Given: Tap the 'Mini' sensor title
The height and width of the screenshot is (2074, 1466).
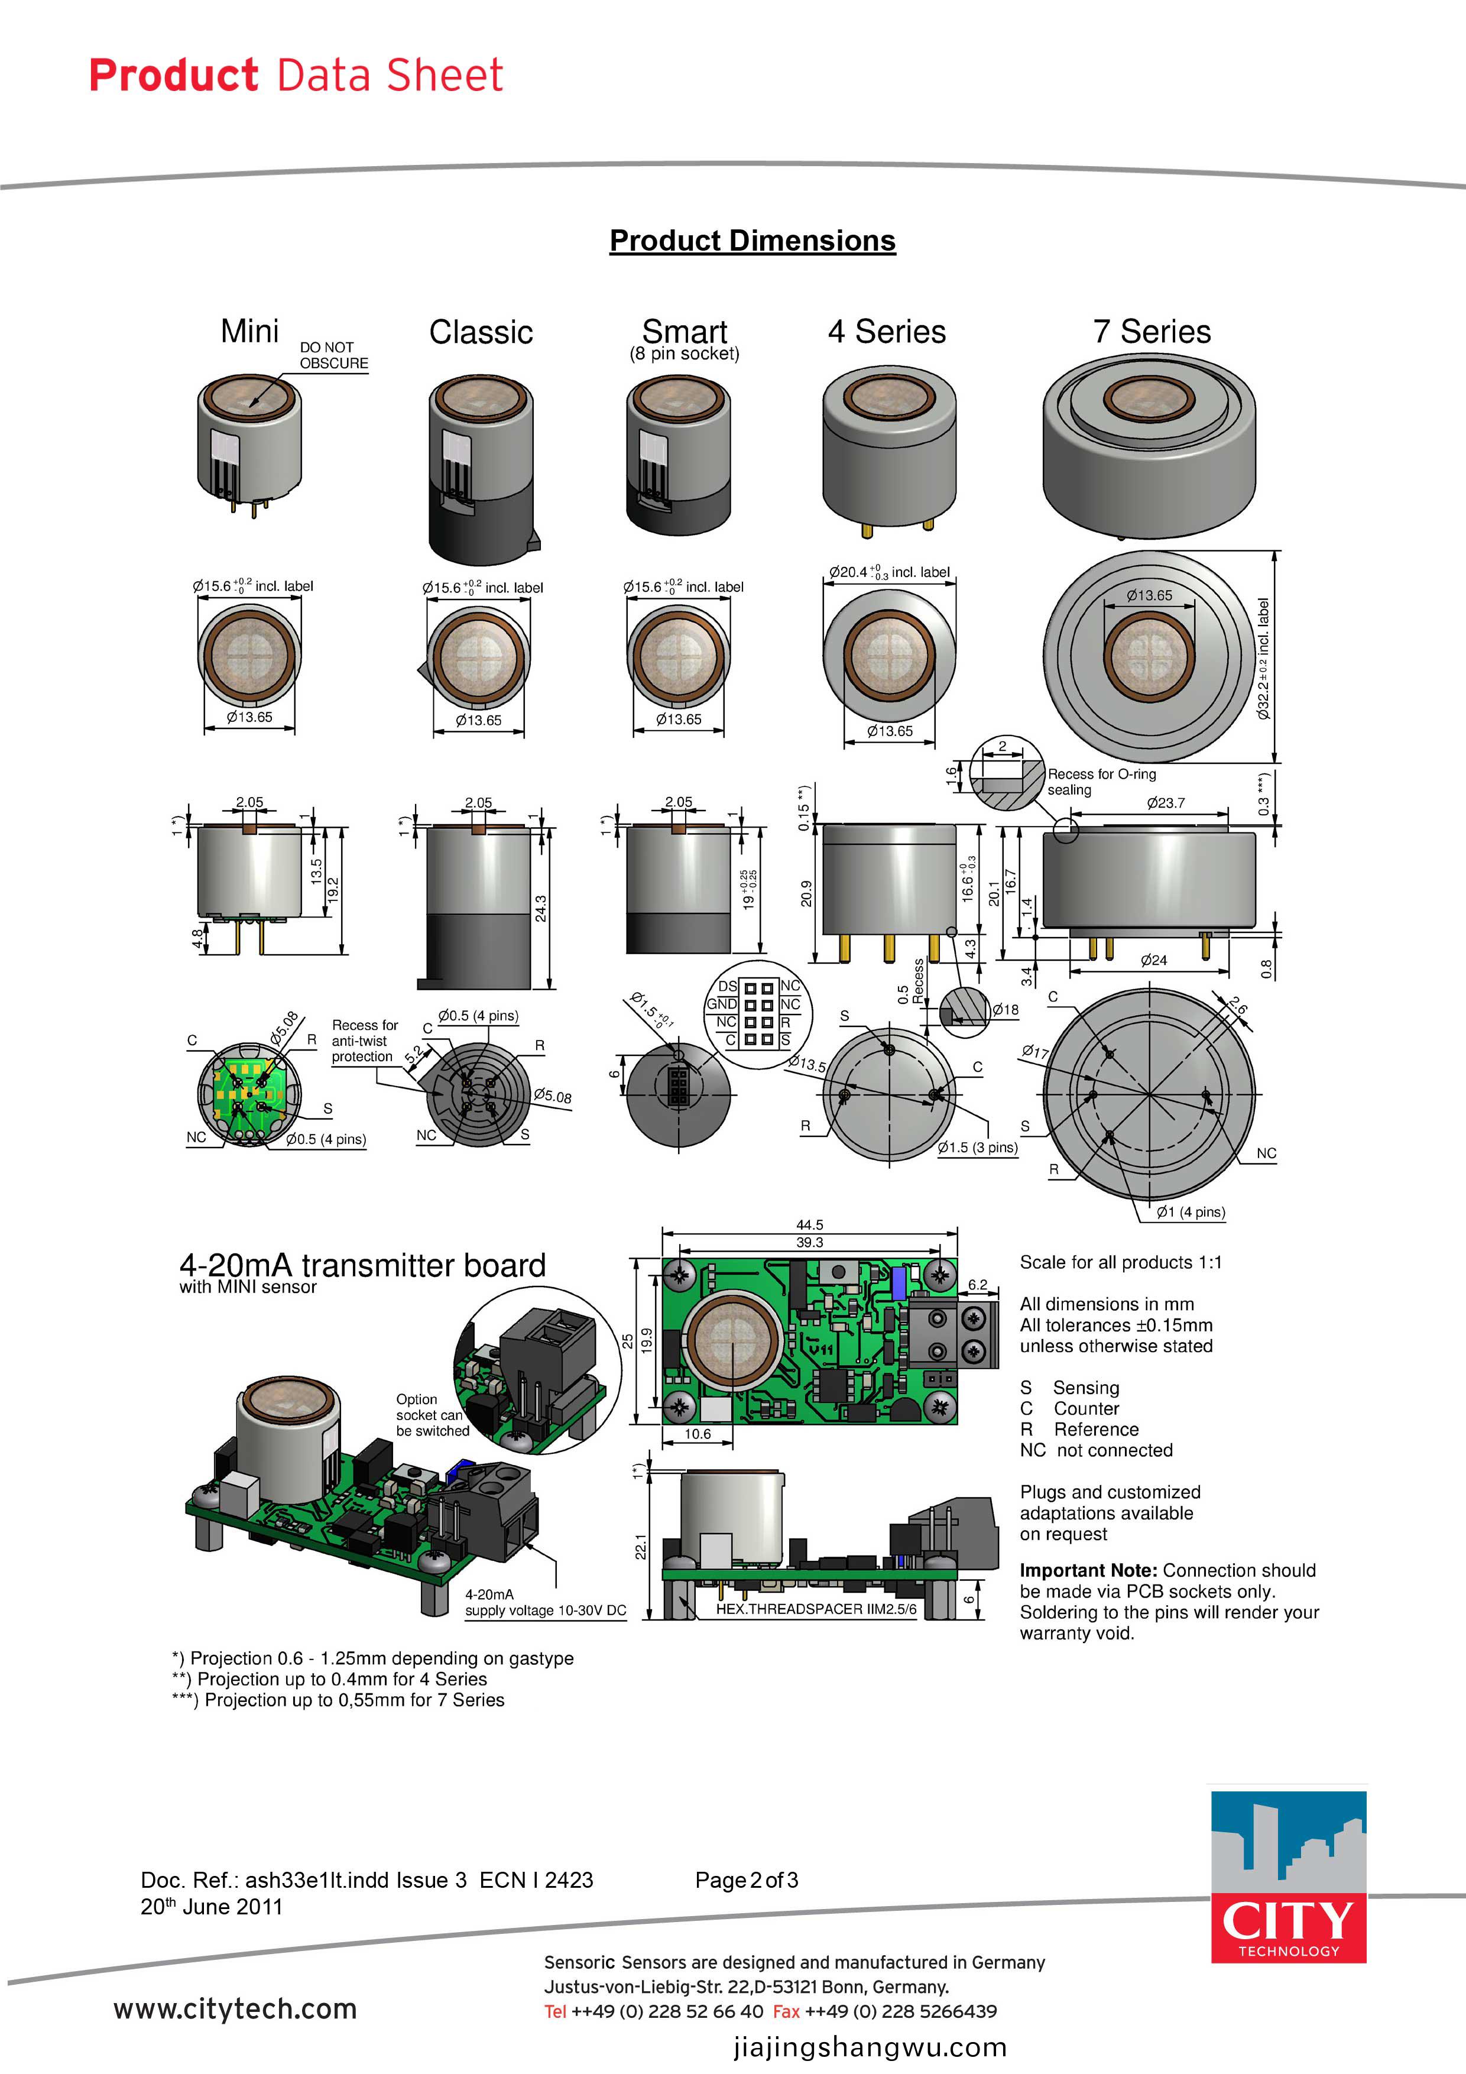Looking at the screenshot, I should pyautogui.click(x=249, y=332).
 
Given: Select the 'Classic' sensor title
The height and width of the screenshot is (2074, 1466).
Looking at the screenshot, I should pyautogui.click(x=481, y=332).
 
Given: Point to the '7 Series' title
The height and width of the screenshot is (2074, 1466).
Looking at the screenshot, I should pyautogui.click(x=1151, y=332).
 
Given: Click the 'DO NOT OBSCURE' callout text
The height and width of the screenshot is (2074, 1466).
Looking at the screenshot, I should pyautogui.click(x=333, y=355).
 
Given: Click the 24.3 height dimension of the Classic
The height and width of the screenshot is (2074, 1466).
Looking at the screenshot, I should pyautogui.click(x=540, y=908).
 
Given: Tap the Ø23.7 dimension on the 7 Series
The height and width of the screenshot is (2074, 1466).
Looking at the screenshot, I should pyautogui.click(x=1165, y=802).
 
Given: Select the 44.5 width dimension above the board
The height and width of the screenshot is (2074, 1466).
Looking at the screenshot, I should pyautogui.click(x=809, y=1225).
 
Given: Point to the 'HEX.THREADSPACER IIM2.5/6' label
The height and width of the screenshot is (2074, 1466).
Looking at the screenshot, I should pyautogui.click(x=816, y=1609).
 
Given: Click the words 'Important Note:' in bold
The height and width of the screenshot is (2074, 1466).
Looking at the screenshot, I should pyautogui.click(x=1088, y=1570).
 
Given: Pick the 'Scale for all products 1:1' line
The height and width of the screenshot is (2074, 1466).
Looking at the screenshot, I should pyautogui.click(x=1120, y=1262).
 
